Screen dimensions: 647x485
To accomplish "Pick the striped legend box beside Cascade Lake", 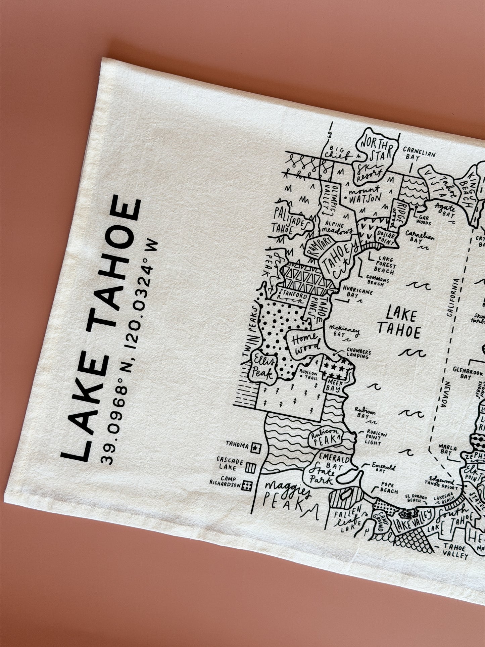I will click(251, 467).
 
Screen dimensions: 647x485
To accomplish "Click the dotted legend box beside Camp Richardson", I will click(247, 486).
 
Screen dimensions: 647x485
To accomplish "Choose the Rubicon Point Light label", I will click(376, 438).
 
